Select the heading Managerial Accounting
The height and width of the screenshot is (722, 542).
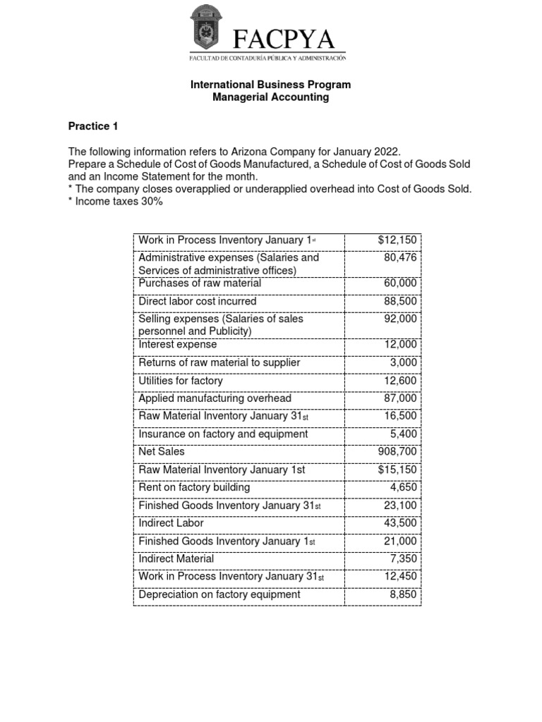click(270, 97)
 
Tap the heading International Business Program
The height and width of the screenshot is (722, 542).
click(270, 85)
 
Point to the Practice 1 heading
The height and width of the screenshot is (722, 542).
click(92, 127)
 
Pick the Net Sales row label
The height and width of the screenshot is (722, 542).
click(162, 451)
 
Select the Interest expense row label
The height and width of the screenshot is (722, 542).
click(177, 345)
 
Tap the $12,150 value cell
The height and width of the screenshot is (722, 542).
click(397, 240)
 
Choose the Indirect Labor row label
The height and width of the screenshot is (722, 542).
click(171, 522)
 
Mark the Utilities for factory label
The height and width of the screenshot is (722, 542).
click(181, 381)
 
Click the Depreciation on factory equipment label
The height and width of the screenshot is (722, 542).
click(219, 594)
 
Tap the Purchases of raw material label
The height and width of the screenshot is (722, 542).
click(200, 283)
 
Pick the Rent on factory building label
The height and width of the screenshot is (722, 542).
click(194, 487)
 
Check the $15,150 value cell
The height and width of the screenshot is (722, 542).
click(397, 470)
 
